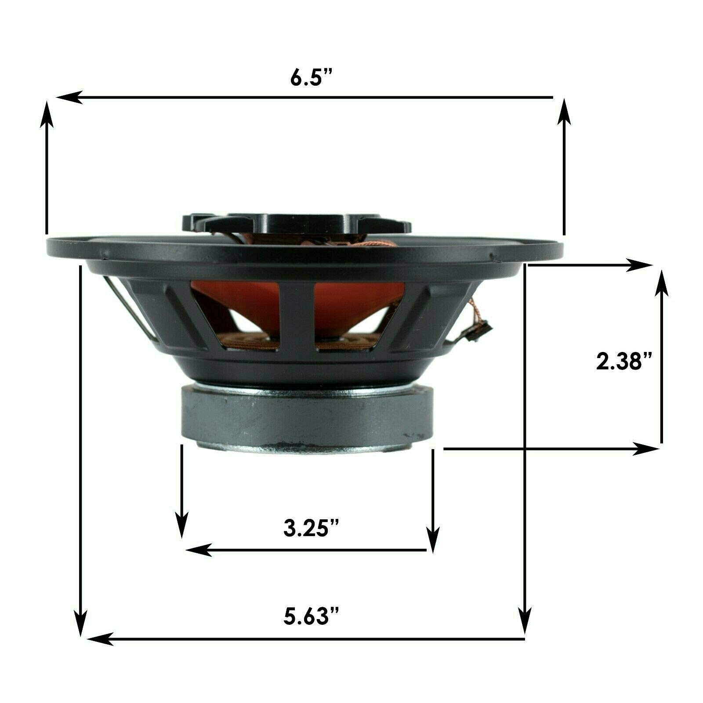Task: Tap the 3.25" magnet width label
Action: click(x=312, y=529)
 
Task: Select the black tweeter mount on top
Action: click(x=297, y=222)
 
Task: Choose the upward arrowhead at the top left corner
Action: click(x=47, y=112)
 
